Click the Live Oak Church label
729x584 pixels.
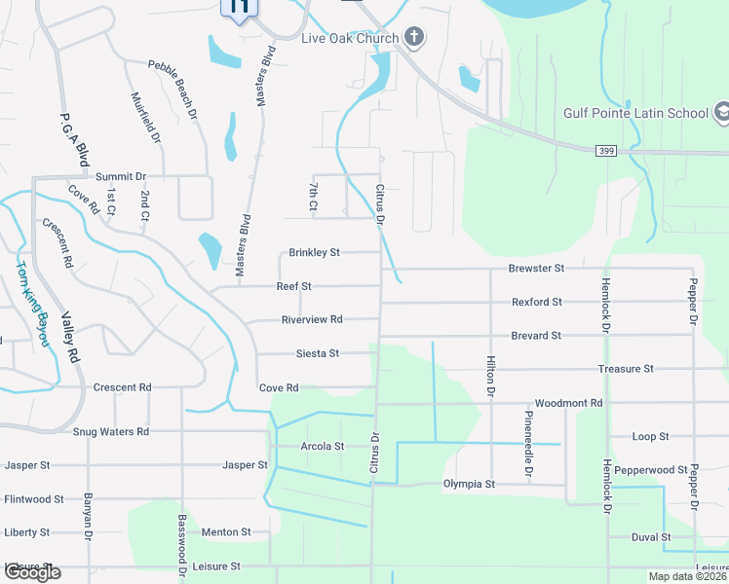(x=350, y=38)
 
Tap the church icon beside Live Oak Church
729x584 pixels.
(x=414, y=38)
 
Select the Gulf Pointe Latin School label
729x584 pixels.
(x=635, y=113)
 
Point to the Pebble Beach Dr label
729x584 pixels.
(x=173, y=90)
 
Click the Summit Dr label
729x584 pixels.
(x=121, y=176)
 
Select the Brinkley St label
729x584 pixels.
(x=314, y=252)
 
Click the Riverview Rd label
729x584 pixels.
(x=312, y=319)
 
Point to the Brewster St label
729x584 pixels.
(x=536, y=268)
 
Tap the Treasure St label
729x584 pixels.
(x=625, y=369)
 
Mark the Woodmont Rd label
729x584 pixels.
(x=569, y=403)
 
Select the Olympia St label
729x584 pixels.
(x=469, y=484)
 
